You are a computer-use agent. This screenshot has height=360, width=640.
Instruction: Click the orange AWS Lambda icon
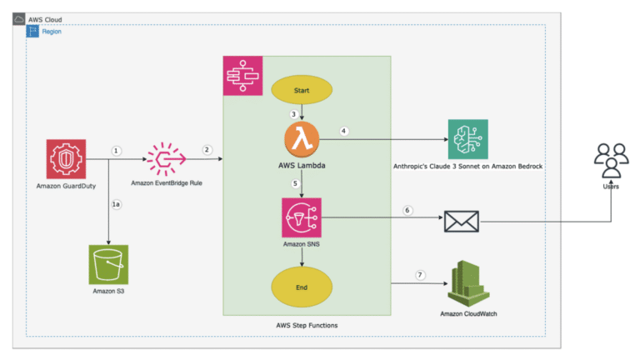click(x=301, y=137)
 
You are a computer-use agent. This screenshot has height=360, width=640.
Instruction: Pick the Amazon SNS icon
click(x=301, y=218)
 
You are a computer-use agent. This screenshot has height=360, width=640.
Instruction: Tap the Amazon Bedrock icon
click(x=467, y=138)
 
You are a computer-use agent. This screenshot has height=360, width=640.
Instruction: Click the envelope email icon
click(x=461, y=221)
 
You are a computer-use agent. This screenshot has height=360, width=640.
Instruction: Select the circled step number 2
click(x=206, y=150)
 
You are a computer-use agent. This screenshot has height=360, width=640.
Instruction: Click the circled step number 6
click(x=407, y=210)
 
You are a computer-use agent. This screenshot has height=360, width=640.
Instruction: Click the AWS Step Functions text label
click(x=306, y=324)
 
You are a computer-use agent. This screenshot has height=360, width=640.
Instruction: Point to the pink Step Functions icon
click(x=242, y=76)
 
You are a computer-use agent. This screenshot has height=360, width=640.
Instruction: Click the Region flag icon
click(x=33, y=31)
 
